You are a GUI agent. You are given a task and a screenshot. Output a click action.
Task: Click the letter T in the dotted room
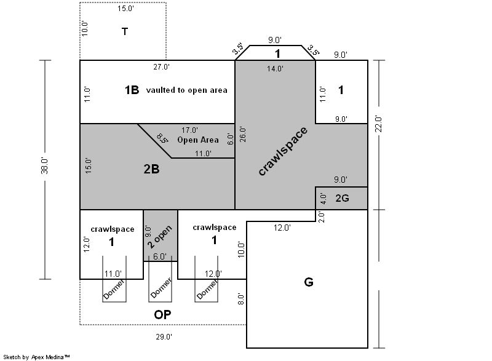pyautogui.click(x=125, y=31)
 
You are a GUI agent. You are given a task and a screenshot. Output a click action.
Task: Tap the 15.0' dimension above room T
pyautogui.click(x=126, y=9)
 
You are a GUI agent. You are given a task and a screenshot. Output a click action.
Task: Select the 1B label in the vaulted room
pyautogui.click(x=132, y=90)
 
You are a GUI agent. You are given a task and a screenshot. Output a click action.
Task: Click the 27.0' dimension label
pyautogui.click(x=162, y=67)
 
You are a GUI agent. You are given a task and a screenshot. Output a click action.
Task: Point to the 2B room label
pyautogui.click(x=151, y=169)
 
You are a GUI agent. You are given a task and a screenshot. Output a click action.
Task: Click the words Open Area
pyautogui.click(x=198, y=140)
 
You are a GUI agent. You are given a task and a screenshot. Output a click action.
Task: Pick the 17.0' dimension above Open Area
pyautogui.click(x=189, y=130)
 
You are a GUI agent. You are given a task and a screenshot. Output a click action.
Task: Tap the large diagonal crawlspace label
pyautogui.click(x=283, y=151)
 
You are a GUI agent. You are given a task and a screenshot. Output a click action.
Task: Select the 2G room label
pyautogui.click(x=342, y=198)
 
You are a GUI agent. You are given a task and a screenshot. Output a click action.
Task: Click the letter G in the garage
pyautogui.click(x=309, y=282)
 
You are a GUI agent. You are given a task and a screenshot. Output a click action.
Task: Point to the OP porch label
pyautogui.click(x=162, y=315)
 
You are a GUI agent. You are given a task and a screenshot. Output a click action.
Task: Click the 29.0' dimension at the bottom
pyautogui.click(x=164, y=337)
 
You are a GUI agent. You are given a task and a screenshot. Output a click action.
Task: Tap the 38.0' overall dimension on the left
pyautogui.click(x=44, y=166)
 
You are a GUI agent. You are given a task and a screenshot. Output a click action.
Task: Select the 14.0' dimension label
pyautogui.click(x=275, y=68)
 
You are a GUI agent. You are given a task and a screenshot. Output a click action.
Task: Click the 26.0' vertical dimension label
pyautogui.click(x=243, y=134)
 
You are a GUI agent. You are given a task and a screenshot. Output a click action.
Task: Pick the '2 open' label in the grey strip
pyautogui.click(x=159, y=237)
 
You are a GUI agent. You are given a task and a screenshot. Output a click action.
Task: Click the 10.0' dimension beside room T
pyautogui.click(x=84, y=28)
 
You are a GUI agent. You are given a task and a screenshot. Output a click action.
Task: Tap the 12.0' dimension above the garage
pyautogui.click(x=282, y=228)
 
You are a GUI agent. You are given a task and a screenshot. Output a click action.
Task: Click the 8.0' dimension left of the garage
pyautogui.click(x=240, y=299)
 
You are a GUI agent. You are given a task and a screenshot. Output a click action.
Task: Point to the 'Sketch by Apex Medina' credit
pyautogui.click(x=37, y=357)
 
